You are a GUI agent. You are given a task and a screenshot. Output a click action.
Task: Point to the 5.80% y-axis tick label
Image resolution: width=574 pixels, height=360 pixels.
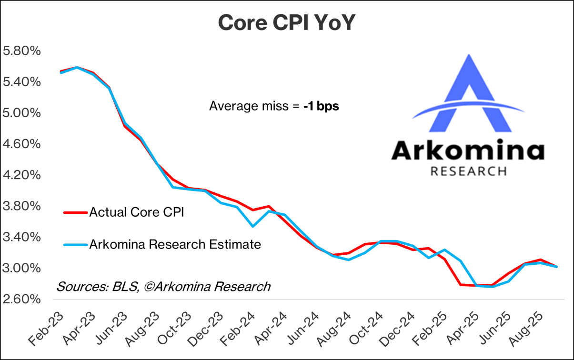[22, 51]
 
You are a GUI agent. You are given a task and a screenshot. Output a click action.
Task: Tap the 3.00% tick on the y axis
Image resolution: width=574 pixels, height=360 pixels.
[22, 268]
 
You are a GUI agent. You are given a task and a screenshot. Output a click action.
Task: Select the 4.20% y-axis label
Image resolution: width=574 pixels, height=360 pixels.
[22, 175]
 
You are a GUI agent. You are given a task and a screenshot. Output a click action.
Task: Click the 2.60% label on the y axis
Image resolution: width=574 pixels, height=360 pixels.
[22, 299]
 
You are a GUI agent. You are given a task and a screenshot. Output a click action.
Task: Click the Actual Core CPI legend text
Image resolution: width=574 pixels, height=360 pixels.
[137, 212]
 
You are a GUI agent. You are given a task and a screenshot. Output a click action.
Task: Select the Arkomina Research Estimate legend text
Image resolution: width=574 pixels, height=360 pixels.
[175, 245]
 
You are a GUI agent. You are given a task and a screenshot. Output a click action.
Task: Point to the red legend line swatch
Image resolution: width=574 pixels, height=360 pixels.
[75, 212]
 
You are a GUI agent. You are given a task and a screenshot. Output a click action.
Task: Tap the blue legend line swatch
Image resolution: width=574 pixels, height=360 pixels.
[75, 245]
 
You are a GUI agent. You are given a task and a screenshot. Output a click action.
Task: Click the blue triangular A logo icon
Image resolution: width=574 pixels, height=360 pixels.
[469, 95]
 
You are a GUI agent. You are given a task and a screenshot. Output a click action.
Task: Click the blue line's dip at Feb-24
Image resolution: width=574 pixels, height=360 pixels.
[253, 226]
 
